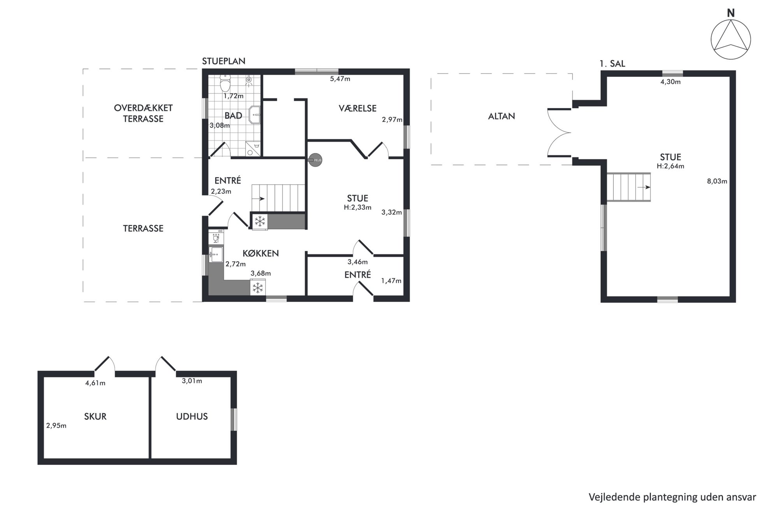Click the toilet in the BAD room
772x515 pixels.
click(225, 83)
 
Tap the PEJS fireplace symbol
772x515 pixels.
click(316, 160)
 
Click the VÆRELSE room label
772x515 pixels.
click(358, 108)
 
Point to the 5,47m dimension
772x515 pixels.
click(340, 79)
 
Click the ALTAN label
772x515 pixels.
click(502, 116)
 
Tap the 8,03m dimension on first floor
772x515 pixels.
click(717, 181)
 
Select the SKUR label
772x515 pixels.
click(95, 417)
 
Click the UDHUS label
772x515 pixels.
click(192, 417)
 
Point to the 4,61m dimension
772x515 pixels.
click(95, 383)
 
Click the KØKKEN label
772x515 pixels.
click(261, 253)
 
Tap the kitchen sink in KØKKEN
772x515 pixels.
click(216, 255)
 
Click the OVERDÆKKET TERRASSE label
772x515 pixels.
click(143, 113)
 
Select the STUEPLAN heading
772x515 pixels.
click(224, 61)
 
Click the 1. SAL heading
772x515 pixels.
click(612, 64)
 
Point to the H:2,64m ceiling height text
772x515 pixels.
click(670, 166)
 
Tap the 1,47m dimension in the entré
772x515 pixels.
click(391, 281)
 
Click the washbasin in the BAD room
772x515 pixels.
click(254, 115)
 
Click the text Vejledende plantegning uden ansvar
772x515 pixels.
click(672, 497)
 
